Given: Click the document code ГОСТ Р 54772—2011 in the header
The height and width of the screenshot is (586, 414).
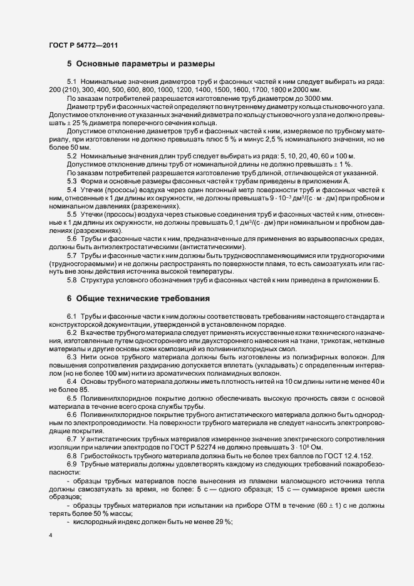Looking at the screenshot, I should pyautogui.click(x=83, y=45).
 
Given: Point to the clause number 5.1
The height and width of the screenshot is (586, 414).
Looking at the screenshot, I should pyautogui.click(x=71, y=83).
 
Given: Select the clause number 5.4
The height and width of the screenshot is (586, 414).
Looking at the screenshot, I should pyautogui.click(x=71, y=190).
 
